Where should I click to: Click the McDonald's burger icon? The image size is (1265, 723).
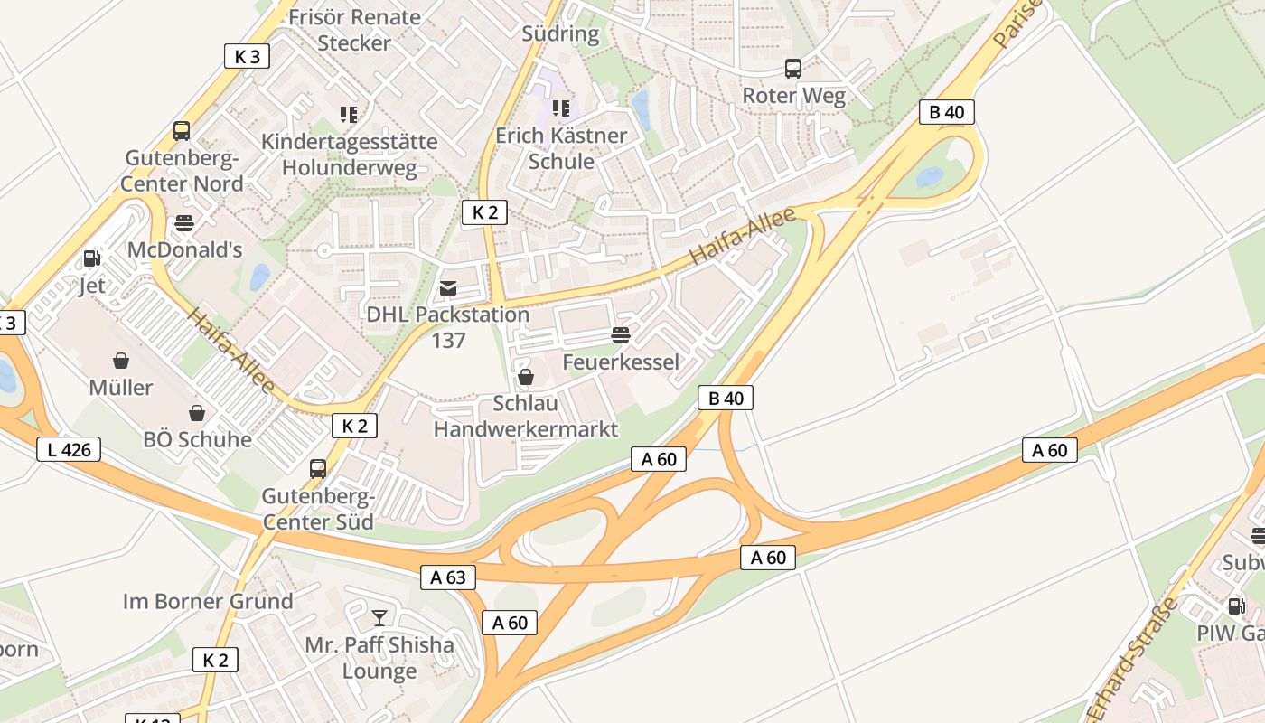coord(184,222)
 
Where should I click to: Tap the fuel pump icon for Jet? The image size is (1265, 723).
coord(91,258)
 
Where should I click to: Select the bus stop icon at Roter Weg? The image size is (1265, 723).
coord(792,69)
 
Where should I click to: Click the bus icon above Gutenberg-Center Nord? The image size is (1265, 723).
coord(182,131)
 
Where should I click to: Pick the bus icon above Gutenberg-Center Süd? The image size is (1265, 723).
coord(317,469)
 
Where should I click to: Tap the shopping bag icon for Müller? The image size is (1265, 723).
coord(120,361)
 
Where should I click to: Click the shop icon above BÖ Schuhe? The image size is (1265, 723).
coord(196,413)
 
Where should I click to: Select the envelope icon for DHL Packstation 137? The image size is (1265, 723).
coord(447,288)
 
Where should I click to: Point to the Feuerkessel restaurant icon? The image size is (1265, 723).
coord(620,335)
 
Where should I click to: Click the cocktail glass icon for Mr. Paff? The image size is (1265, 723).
coord(379,618)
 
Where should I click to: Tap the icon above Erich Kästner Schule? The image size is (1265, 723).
coord(561,108)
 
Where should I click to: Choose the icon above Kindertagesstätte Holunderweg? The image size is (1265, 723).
coord(349,114)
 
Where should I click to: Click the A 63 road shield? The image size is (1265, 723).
coord(448,577)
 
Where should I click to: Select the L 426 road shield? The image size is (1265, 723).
coord(69,449)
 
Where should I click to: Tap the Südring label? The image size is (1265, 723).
coord(560,34)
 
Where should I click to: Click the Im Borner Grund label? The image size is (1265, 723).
coord(208,601)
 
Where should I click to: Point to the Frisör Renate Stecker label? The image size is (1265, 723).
coord(354,30)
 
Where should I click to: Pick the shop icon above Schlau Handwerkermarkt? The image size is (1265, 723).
coord(525,377)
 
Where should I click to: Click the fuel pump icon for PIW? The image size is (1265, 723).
coord(1236,606)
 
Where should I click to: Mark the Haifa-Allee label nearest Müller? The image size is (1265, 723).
coord(231,352)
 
